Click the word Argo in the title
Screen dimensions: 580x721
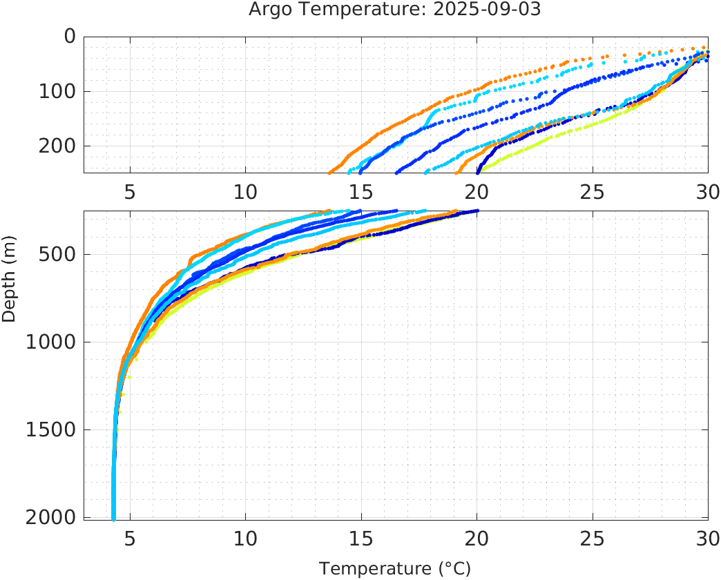(267, 10)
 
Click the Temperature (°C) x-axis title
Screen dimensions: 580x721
(395, 569)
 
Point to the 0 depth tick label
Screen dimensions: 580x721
(69, 37)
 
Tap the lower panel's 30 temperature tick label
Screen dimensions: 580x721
(706, 538)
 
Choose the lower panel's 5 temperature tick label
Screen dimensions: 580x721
(130, 538)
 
